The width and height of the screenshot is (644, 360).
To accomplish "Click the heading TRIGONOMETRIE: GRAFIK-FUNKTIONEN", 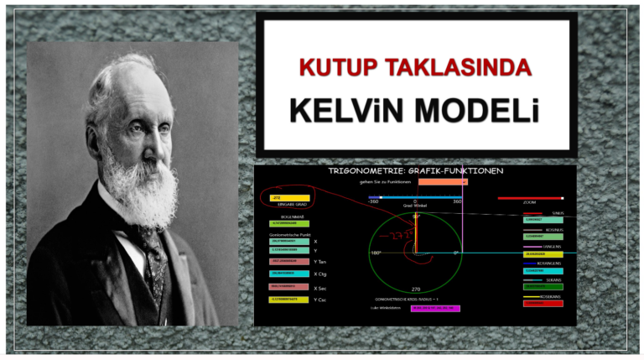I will [416, 171].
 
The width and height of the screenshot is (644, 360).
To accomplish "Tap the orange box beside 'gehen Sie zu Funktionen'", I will [442, 181].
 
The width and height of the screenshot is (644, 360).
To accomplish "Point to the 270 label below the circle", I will [415, 289].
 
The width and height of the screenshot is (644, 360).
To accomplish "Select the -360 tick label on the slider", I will [372, 202].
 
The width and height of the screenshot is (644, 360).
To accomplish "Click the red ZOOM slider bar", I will [529, 199].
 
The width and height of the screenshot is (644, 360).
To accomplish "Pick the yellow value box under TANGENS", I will [543, 253].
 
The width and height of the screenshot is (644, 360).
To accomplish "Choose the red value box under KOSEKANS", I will [543, 303].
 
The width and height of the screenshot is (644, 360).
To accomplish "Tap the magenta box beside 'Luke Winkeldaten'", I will [434, 308].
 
